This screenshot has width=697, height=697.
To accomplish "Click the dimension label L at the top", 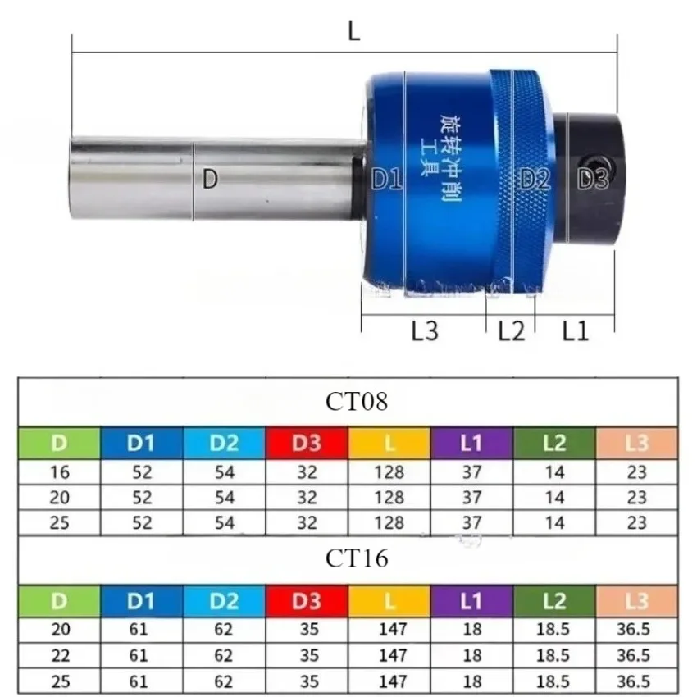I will (x=353, y=32).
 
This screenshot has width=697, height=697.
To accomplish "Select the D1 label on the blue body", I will (x=386, y=179).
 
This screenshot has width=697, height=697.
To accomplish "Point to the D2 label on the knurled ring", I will (x=535, y=179).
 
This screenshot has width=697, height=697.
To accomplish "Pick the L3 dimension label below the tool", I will (x=425, y=331).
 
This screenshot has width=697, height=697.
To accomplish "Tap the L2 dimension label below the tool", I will (x=511, y=331).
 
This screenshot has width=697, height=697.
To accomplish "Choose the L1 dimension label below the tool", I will (x=575, y=331).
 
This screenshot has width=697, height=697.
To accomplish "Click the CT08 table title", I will (x=349, y=402).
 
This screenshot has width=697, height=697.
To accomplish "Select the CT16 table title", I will (x=349, y=558).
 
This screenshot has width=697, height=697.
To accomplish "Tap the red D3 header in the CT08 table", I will (x=307, y=444).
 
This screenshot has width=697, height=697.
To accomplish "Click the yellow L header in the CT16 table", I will (x=389, y=600).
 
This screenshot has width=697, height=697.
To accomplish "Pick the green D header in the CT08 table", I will (x=59, y=444).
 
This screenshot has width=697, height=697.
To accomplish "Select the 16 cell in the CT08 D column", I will (x=59, y=473).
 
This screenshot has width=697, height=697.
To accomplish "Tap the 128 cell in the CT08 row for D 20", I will (x=389, y=498).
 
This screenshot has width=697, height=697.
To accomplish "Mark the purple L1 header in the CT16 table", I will (x=471, y=600).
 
